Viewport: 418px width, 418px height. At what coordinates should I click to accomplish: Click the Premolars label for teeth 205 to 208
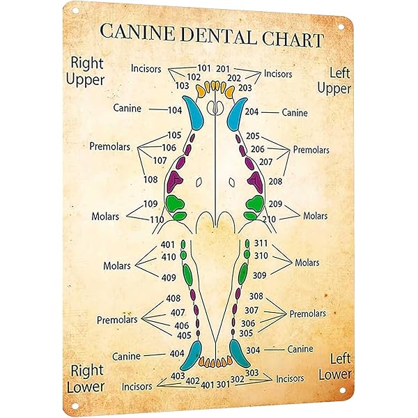pyautogui.click(x=311, y=149)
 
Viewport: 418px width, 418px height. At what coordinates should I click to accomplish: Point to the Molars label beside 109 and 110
pyautogui.click(x=106, y=217)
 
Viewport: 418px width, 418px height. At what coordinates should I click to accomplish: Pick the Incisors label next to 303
pyautogui.click(x=290, y=378)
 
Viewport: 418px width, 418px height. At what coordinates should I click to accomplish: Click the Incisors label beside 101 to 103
pyautogui.click(x=147, y=68)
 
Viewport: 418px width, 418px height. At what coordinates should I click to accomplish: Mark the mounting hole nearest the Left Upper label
pyautogui.click(x=342, y=26)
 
